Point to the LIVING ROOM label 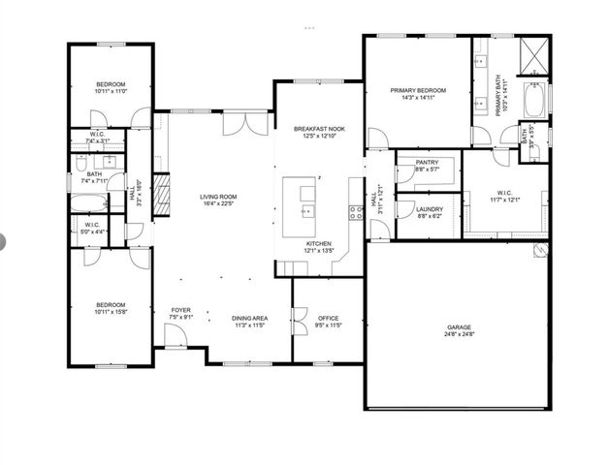(x=219, y=197)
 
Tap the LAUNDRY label (x=429, y=209)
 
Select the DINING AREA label (x=249, y=318)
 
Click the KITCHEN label (x=320, y=243)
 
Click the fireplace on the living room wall (x=162, y=187)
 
